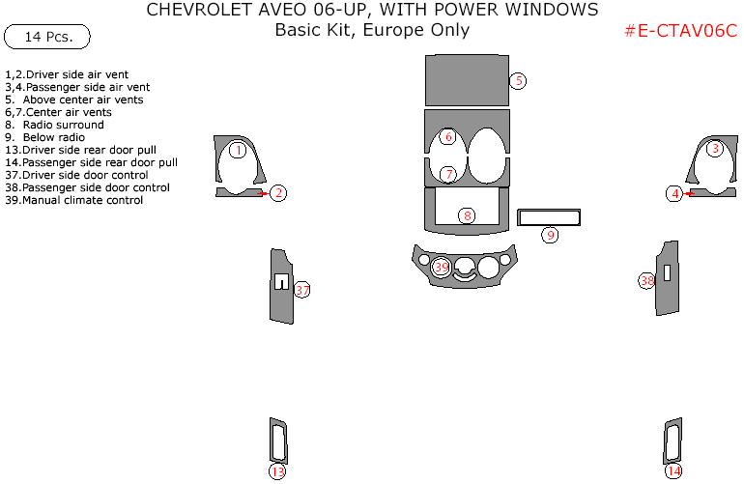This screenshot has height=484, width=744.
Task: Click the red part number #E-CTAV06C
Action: point(680,30)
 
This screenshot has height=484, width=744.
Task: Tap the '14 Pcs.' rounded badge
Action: point(46,37)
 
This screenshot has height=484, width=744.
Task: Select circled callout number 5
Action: point(518,81)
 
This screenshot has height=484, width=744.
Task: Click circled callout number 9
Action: point(549,235)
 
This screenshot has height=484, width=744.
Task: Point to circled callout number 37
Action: point(302,290)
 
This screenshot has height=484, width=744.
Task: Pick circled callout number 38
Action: point(647,280)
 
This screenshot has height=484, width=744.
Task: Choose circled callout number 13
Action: point(277,471)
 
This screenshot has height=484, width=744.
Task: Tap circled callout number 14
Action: point(673,470)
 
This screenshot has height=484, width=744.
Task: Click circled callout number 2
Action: point(278,193)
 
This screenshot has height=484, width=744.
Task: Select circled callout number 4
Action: point(674,194)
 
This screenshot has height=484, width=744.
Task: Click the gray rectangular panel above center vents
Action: point(467,81)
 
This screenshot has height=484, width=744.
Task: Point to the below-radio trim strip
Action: point(548,216)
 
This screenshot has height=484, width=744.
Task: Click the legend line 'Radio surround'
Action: point(61,125)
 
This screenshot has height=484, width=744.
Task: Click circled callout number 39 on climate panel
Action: point(442,267)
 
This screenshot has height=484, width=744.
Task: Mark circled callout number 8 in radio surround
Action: point(467,215)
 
